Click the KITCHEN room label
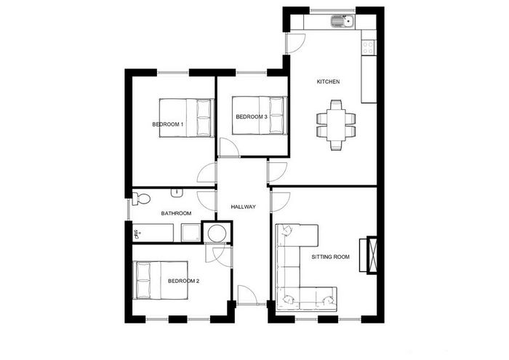pos(328,81)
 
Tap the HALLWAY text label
pos(243,207)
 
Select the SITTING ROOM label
pos(330,257)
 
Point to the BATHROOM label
pos(176,213)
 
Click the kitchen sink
pos(342,22)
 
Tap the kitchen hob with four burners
pos(369,47)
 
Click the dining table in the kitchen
pos(336,125)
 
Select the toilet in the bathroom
pos(141,199)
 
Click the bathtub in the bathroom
pos(153,233)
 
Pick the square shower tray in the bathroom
pos(191,233)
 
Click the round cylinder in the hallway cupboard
pos(217,233)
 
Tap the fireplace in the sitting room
pos(369,255)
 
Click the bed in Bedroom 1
pos(187,118)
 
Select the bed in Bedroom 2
pos(161,280)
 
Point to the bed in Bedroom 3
pos(260,115)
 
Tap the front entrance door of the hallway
pos(247,295)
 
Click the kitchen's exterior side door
pos(294,43)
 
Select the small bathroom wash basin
pos(177,193)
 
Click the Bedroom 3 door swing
pos(229,148)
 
